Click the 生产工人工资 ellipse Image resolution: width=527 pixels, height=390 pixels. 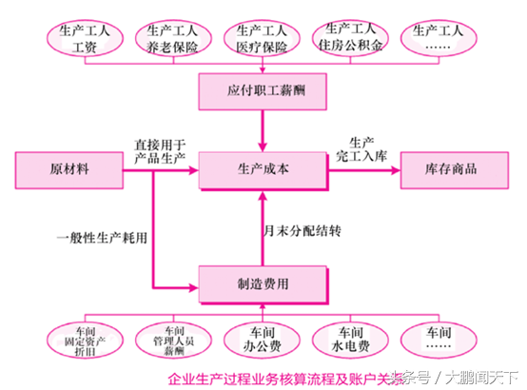(85, 38)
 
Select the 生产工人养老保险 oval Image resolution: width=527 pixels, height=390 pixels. (172, 38)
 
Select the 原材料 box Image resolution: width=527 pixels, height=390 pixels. (72, 169)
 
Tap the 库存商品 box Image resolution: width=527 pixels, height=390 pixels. (451, 169)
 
